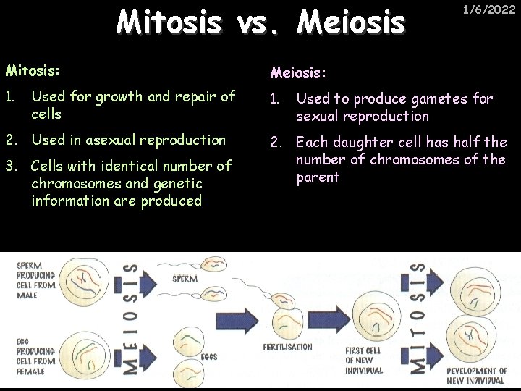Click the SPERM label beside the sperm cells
pyautogui.click(x=185, y=278)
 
